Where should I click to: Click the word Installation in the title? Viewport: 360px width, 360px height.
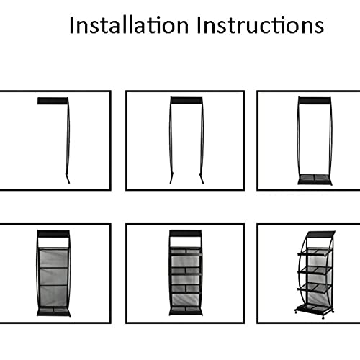(129, 25)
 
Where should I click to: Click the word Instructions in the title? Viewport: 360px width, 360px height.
(261, 25)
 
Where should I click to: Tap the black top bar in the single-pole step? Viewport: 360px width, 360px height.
(53, 101)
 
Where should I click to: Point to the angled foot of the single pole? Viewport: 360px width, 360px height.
(68, 178)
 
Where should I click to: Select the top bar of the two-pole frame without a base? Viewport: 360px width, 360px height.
(186, 100)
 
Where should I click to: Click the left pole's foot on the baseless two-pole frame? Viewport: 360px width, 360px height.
(171, 178)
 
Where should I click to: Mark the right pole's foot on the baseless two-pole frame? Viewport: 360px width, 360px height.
(202, 178)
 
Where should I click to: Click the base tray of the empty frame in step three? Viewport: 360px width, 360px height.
(315, 179)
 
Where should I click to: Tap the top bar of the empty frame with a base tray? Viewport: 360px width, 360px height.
(315, 101)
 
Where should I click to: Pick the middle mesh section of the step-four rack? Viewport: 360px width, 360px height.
(53, 276)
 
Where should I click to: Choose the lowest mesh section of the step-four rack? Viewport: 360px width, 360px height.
(53, 296)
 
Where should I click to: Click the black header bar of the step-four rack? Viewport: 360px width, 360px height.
(53, 234)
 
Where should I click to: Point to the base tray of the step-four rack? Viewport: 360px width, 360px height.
(53, 312)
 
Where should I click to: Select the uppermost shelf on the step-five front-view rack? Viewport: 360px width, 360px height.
(186, 252)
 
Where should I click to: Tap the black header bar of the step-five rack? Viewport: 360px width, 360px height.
(185, 233)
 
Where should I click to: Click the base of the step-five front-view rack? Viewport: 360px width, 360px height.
(186, 311)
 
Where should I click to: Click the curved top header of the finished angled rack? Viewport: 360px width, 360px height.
(320, 234)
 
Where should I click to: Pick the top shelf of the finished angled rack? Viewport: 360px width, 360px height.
(315, 252)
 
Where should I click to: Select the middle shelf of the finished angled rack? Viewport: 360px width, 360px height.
(315, 270)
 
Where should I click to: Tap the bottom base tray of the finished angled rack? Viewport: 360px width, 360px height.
(314, 309)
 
